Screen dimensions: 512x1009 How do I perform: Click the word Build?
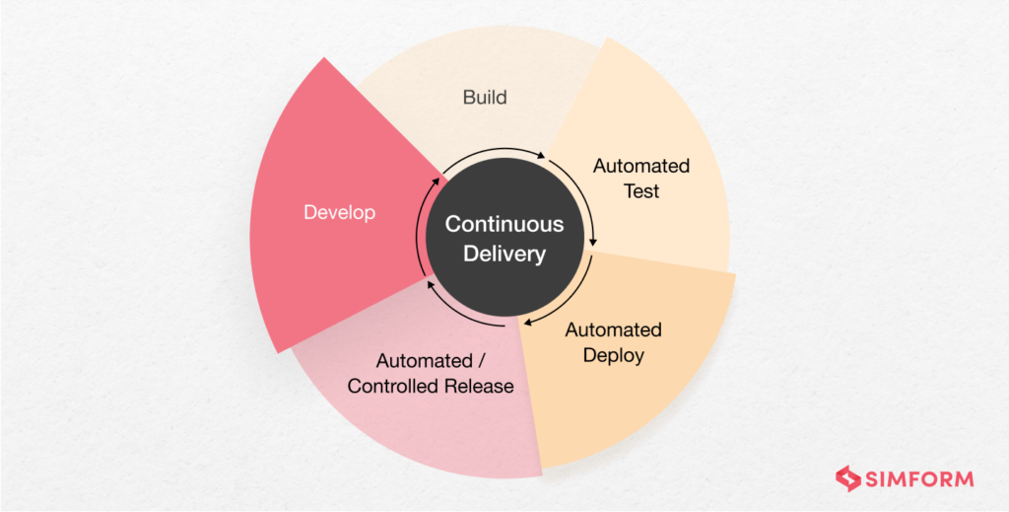point(485,98)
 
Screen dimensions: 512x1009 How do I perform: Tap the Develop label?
point(339,212)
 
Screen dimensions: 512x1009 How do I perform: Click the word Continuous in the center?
point(504,224)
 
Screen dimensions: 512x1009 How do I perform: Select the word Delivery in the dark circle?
point(504,255)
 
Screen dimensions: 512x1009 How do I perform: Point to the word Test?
point(641,190)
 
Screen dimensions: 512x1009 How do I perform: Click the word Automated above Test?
point(641,165)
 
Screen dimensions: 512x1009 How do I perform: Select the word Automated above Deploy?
point(613,329)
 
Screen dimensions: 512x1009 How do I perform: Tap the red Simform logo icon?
point(848,479)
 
